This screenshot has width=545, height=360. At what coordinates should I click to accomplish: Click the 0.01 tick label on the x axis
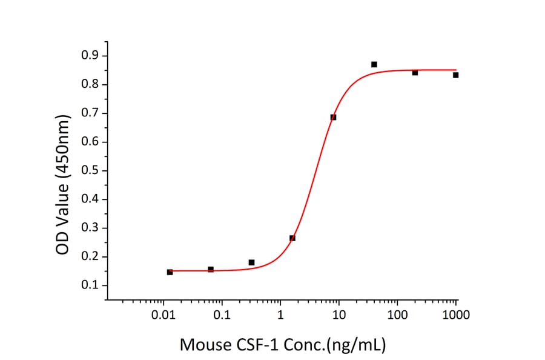click(x=163, y=315)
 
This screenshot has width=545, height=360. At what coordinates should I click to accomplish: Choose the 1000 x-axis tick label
click(x=456, y=315)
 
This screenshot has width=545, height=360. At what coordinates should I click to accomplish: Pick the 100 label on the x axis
click(x=397, y=315)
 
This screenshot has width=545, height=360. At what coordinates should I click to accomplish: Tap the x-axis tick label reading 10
click(x=339, y=315)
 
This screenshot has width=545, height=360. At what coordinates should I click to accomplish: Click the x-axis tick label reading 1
click(x=280, y=315)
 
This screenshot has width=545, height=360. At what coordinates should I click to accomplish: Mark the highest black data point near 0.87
click(x=374, y=64)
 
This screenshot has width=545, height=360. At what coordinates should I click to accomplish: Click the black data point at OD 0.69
click(x=333, y=117)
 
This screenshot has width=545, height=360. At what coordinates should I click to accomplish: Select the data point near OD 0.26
click(x=292, y=238)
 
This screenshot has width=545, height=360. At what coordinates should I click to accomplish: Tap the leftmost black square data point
click(x=170, y=272)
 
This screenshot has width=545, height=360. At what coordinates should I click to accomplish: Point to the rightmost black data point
click(x=455, y=75)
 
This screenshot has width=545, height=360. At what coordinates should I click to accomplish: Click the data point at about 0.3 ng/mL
click(x=251, y=262)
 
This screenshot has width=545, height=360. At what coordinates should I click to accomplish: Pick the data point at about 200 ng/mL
click(x=415, y=73)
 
